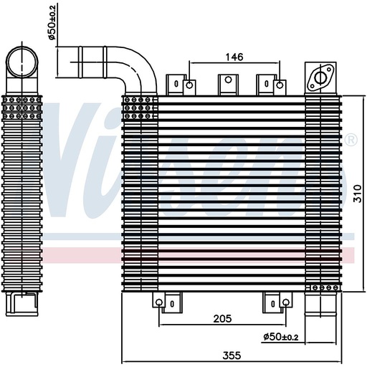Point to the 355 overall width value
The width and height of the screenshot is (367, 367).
229,354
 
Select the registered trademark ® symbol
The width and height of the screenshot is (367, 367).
351,140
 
